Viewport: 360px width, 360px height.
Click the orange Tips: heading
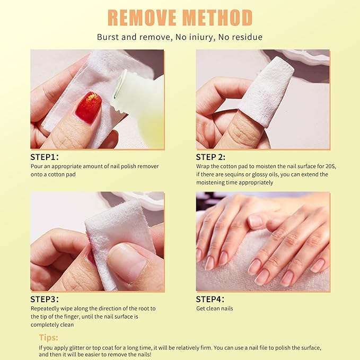[49, 337]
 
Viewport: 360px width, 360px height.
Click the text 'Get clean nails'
[214, 309]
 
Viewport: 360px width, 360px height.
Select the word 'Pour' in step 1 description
[37, 166]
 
